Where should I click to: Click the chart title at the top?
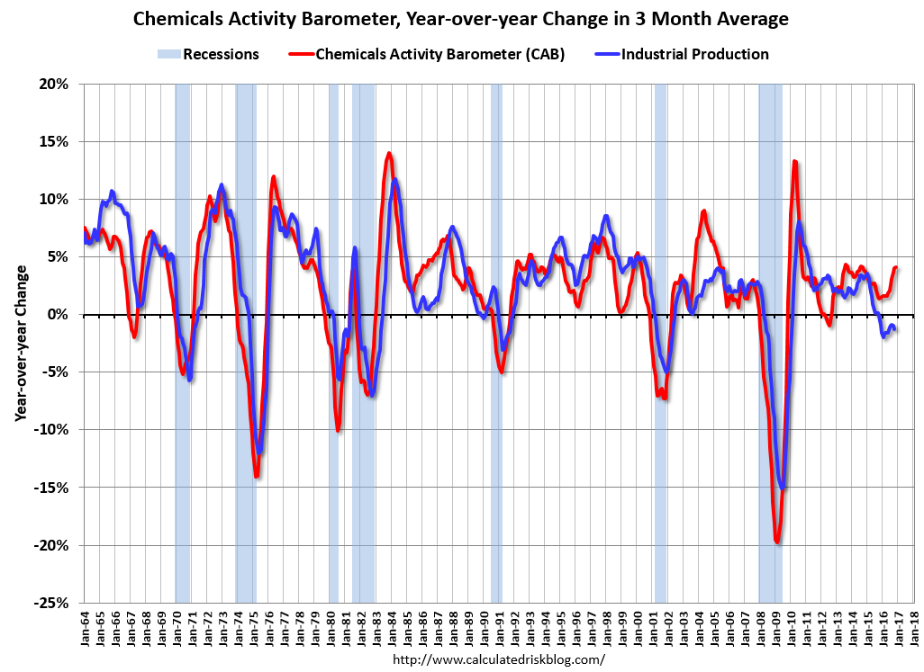[x=461, y=18]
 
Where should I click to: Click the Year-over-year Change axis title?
[x=19, y=343]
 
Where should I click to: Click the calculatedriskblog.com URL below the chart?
[x=499, y=659]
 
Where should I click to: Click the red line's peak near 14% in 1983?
[x=389, y=154]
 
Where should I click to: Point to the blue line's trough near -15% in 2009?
[x=783, y=488]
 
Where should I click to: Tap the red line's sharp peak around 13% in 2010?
[x=794, y=162]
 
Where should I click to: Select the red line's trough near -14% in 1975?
[x=257, y=475]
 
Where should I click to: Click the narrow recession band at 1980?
[x=333, y=342]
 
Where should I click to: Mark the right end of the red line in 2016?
[x=896, y=267]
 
